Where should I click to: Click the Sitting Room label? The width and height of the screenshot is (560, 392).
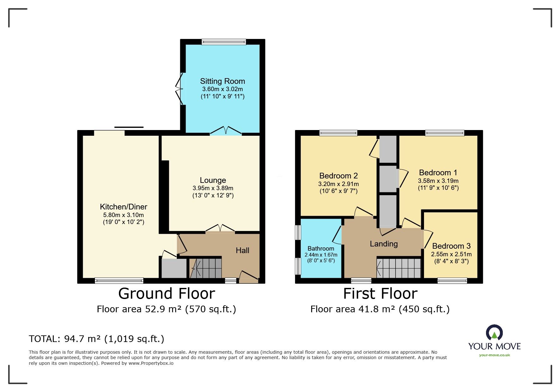222,81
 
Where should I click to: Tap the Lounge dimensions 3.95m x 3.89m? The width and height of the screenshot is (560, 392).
213,188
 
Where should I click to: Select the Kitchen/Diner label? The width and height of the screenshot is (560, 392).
123,207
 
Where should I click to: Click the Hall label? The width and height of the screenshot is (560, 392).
242,251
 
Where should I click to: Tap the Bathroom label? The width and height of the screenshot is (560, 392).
321,249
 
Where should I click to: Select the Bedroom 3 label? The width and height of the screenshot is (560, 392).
451,246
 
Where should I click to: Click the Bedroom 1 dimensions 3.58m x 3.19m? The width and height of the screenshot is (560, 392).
438,181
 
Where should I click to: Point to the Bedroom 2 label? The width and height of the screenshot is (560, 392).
338,176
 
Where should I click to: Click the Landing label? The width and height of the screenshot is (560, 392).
384,244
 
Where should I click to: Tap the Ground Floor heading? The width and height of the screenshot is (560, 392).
167,294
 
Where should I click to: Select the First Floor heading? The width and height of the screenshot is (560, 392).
380,294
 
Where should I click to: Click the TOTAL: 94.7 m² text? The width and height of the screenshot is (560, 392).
96,339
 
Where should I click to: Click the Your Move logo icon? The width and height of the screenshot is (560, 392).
494,333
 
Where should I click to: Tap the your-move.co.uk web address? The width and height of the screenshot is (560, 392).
494,355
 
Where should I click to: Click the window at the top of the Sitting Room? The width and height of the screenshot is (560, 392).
224,42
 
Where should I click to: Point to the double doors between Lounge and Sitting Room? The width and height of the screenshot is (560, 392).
225,131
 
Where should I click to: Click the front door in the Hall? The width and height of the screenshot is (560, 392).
249,277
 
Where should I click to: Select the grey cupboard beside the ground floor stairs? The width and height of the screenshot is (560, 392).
174,268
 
